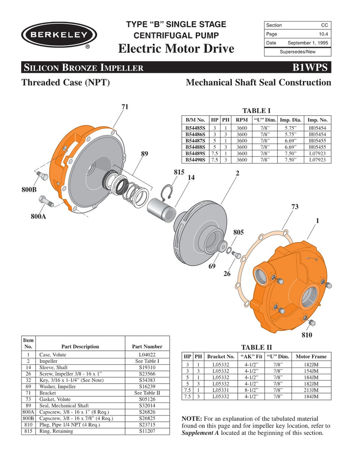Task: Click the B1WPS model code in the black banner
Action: point(311,68)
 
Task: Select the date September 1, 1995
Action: point(308,43)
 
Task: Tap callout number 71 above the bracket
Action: point(125,107)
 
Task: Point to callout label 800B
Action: point(29,190)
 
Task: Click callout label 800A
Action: point(39,217)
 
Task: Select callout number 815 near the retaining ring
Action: point(180,172)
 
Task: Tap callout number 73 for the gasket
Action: point(295,207)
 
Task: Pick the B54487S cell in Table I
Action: point(196,140)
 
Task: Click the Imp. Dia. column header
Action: point(291,120)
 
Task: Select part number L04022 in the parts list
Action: point(147,355)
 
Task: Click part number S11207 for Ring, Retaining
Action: point(147,431)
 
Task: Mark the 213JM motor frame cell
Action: point(311,390)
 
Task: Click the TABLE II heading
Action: point(256,347)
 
